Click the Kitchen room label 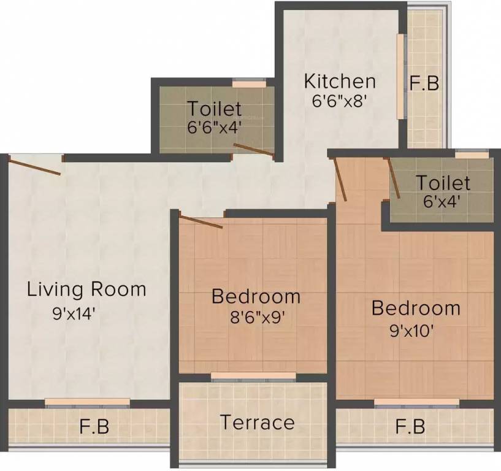(x=340, y=81)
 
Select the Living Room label (x=86, y=289)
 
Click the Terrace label (x=257, y=423)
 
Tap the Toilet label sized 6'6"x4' (x=214, y=109)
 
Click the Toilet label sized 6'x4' (x=443, y=183)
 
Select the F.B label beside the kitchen (x=424, y=83)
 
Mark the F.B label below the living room (x=94, y=427)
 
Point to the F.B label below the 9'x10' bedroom (x=410, y=426)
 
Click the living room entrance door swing (x=35, y=166)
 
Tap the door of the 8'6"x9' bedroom (x=201, y=221)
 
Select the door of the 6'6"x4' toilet (x=253, y=150)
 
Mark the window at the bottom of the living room (x=87, y=402)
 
